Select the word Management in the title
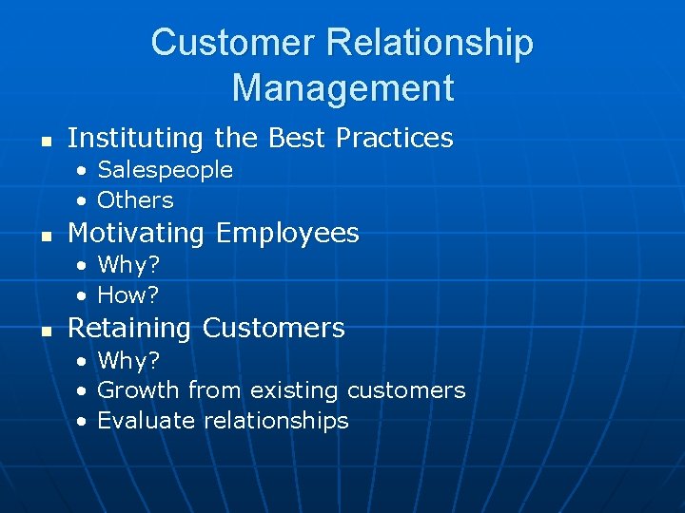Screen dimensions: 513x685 pos(342,88)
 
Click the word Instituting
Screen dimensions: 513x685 pos(136,139)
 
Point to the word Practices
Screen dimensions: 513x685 pos(394,139)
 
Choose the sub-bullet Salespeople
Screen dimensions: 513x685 pos(165,170)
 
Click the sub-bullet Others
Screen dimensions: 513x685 pos(135,200)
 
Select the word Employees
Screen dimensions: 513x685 pos(287,234)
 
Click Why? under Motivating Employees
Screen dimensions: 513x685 pos(128,264)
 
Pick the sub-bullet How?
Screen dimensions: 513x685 pos(128,294)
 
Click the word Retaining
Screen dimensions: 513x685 pos(130,329)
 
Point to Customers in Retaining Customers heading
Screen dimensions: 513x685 pos(273,329)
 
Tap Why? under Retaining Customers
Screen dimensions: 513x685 pos(128,360)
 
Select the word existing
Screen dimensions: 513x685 pos(294,390)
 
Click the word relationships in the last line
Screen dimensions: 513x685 pos(282,421)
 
